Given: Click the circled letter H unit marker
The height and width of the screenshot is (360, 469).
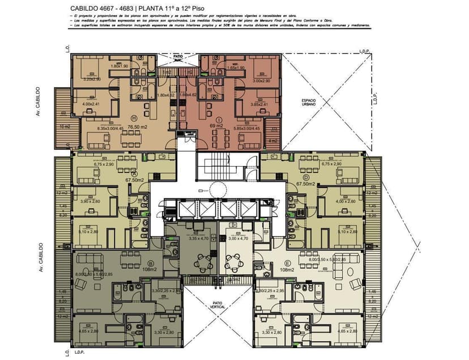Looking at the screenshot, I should (134, 118).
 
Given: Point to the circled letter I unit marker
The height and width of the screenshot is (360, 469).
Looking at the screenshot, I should (218, 118).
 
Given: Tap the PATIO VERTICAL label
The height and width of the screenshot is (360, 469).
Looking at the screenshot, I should (218, 305).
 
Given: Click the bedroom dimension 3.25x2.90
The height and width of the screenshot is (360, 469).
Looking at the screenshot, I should (92, 79).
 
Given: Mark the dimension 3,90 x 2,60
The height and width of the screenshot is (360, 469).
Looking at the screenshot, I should (91, 201).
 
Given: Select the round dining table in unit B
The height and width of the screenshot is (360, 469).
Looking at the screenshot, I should (202, 261).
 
